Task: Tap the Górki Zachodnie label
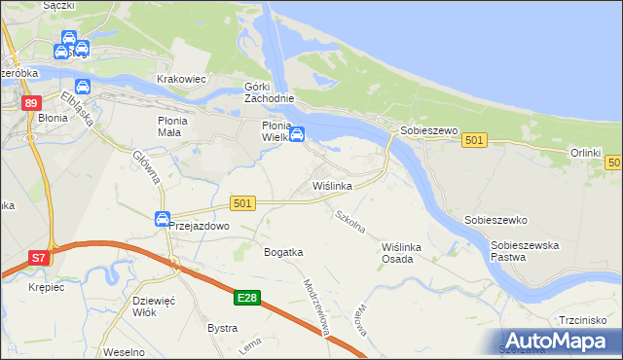[x=269, y=93]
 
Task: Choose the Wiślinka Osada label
[x=403, y=253]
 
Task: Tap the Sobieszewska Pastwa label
[x=525, y=252]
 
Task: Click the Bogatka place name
[x=283, y=252]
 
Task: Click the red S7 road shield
[x=38, y=258]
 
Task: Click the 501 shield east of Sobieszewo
[x=474, y=141]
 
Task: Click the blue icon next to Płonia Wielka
[x=298, y=134]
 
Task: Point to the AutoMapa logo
[x=556, y=341]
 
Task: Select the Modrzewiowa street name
[x=319, y=308]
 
